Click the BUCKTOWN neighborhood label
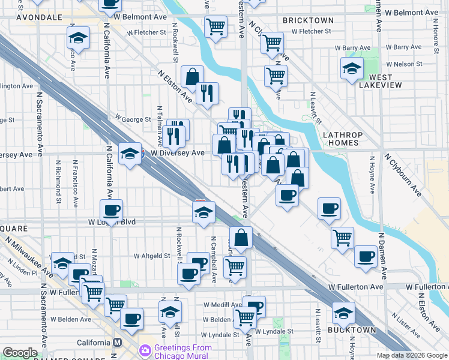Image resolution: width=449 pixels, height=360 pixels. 352,330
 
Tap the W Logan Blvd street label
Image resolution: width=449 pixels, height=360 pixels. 112,222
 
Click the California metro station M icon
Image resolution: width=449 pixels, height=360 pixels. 118,342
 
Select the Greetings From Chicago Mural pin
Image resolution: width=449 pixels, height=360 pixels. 145,350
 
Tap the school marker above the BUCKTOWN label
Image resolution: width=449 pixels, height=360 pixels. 343,312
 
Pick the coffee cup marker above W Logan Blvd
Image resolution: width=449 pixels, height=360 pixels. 111,210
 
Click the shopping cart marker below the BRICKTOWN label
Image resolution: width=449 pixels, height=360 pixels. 273,43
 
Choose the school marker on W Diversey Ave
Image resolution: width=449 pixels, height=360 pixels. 129,154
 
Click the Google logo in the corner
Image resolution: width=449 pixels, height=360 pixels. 20,353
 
